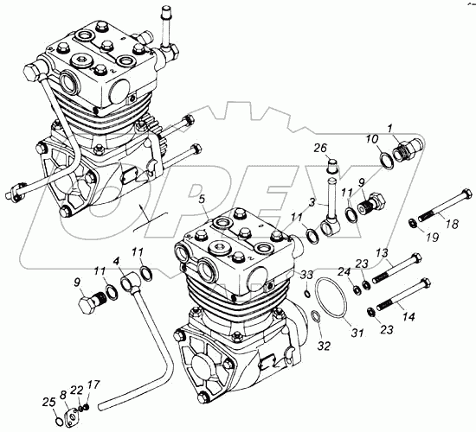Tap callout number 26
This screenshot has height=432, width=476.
tap(320, 148)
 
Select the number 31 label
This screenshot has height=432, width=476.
tap(357, 334)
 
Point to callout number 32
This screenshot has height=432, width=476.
tap(324, 346)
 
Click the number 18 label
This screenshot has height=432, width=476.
tap(452, 225)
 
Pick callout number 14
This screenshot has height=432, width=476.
tap(408, 317)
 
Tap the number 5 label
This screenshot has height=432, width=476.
tap(203, 200)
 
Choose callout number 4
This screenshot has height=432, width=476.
tap(116, 261)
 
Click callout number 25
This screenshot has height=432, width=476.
tap(48, 403)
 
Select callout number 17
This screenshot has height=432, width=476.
tap(93, 384)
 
